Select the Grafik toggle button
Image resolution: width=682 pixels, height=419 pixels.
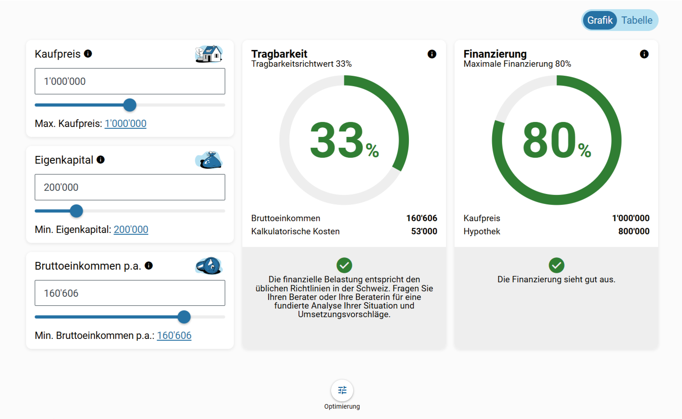600,20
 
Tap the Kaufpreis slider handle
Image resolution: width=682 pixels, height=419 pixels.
130,105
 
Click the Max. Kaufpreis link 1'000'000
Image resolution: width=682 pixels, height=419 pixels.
125,123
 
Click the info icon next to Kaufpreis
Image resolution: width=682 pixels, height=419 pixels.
88,53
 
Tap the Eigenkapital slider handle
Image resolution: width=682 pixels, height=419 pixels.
76,211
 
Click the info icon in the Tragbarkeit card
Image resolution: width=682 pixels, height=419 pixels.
432,54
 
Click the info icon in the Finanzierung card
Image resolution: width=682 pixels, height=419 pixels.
644,54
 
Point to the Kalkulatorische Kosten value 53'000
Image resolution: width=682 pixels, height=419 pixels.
424,231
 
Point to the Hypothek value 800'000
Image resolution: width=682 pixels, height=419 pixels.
634,231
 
